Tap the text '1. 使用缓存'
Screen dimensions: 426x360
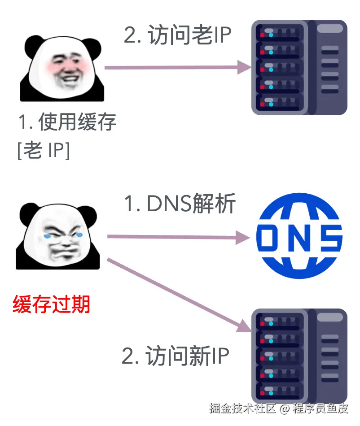[67, 122]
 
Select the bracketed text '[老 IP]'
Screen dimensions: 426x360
[44, 151]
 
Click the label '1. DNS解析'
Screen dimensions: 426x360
[180, 204]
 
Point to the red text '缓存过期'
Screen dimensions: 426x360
[52, 304]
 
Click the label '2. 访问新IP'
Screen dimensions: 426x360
[176, 356]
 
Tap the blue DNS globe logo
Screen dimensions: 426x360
[299, 236]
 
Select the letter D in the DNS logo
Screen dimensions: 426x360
[271, 236]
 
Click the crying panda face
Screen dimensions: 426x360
[58, 237]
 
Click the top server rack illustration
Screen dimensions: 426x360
[299, 67]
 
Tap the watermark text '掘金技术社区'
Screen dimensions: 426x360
[242, 409]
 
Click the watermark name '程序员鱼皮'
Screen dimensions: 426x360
[320, 409]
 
